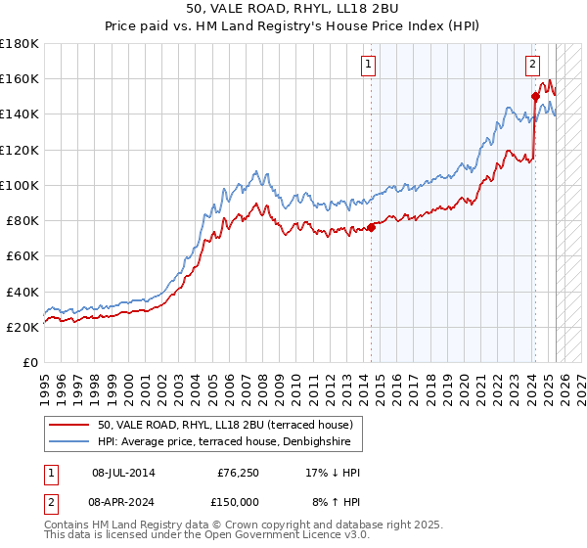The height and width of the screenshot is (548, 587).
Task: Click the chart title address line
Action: point(293,9)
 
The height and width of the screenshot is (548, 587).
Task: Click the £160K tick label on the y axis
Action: point(19,78)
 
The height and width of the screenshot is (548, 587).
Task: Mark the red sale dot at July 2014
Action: point(372,228)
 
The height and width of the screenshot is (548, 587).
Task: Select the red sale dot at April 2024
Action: point(535,96)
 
